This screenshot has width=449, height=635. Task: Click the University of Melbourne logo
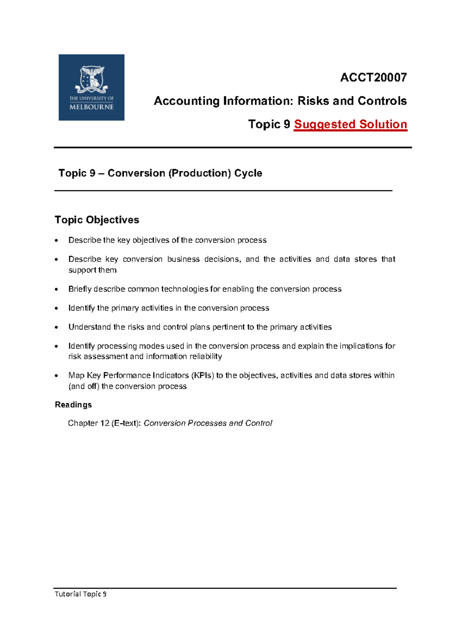[91, 87]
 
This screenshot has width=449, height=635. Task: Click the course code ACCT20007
[373, 77]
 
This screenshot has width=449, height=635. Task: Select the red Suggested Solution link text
[350, 124]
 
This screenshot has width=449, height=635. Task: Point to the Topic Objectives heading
[97, 220]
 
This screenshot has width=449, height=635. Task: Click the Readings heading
[73, 405]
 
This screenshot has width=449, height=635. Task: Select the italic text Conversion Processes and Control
[208, 423]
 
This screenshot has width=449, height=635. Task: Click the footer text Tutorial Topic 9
[80, 594]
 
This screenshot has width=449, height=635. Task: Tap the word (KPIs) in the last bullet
[202, 375]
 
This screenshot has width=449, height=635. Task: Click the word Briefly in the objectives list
[80, 289]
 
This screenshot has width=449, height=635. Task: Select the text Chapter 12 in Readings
[89, 423]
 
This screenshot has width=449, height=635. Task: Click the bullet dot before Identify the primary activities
[56, 309]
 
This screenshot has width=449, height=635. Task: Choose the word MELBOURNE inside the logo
[91, 107]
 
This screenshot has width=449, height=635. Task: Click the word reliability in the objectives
[205, 356]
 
